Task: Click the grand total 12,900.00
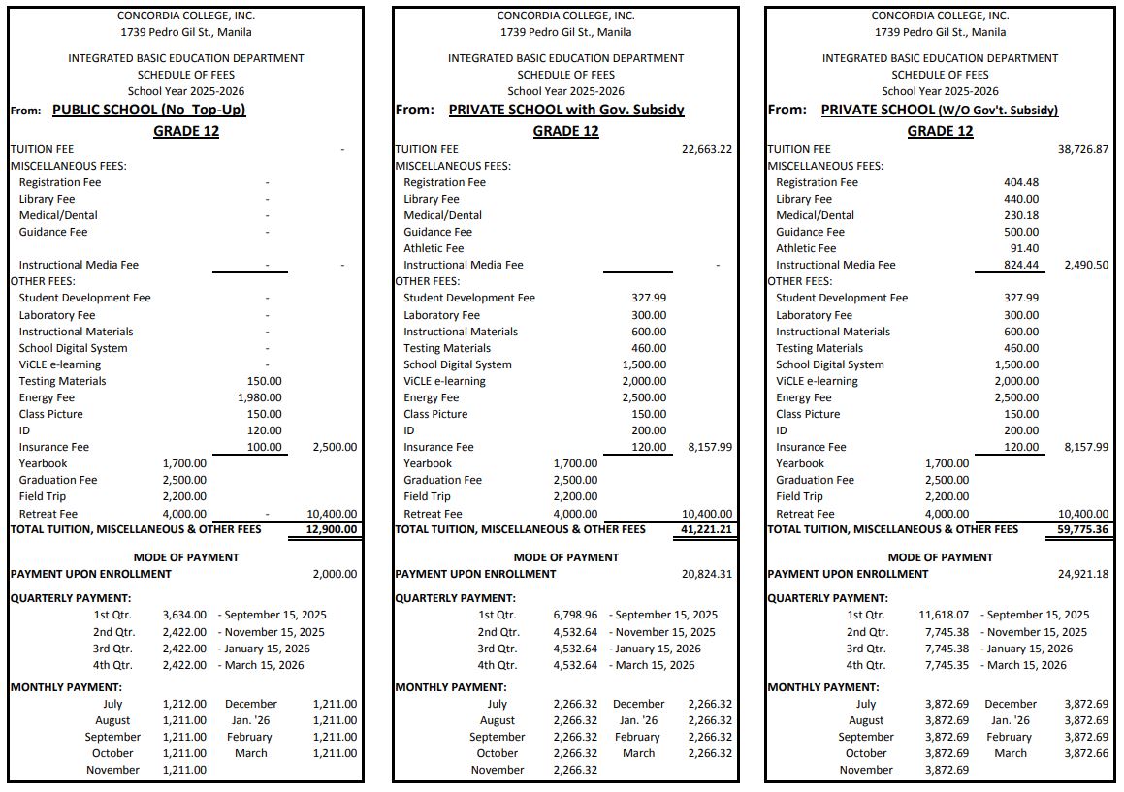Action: coord(332,530)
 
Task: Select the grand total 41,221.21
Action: coord(707,530)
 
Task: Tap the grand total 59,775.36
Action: coord(1082,530)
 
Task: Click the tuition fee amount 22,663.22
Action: coord(707,149)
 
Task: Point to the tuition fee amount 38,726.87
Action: coord(1082,149)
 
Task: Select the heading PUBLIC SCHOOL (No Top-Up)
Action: coord(148,110)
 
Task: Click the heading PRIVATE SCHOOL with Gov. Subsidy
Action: coord(566,110)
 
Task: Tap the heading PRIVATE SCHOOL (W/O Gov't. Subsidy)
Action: coord(939,110)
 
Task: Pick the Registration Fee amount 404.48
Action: coord(1020,182)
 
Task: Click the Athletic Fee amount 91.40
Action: coord(1023,248)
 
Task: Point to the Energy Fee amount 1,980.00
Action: coord(259,397)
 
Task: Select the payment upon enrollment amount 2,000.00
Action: coord(335,574)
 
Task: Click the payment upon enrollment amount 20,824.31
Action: coord(707,574)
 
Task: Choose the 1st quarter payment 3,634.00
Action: coord(184,615)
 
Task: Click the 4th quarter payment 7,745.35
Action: coord(947,665)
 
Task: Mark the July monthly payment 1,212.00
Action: coord(184,704)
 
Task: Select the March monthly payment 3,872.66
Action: coord(1086,753)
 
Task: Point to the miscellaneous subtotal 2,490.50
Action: coord(1086,265)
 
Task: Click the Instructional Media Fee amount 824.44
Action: coord(1020,265)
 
